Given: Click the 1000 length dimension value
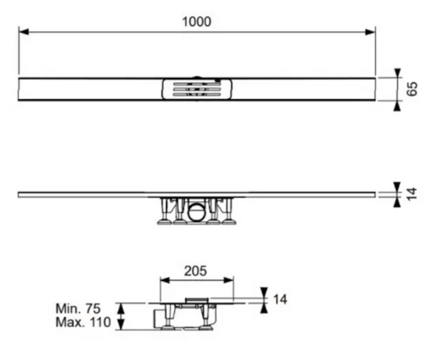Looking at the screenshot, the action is [197, 22].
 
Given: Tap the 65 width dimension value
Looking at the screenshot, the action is [412, 89].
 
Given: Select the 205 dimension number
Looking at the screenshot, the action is [196, 271].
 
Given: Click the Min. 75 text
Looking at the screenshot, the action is [78, 308].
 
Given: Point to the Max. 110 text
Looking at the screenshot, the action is [83, 322].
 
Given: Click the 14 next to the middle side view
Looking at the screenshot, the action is [412, 194].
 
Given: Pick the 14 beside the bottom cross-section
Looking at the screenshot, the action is [280, 299].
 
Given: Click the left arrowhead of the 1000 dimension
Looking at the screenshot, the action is [24, 32].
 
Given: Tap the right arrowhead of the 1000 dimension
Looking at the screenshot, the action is [370, 32].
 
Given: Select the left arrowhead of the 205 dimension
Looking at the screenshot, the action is [165, 280].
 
